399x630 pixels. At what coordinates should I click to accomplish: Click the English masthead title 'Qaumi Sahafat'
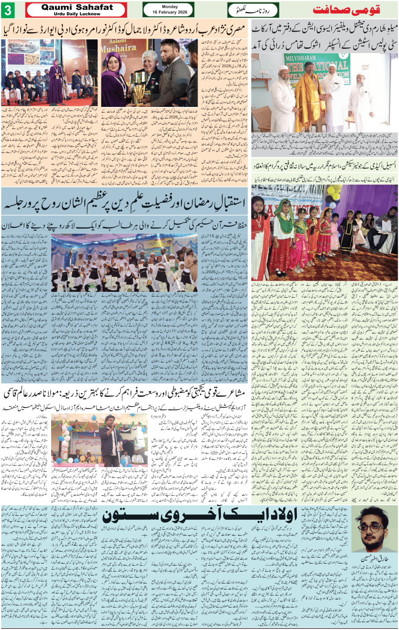[77, 7]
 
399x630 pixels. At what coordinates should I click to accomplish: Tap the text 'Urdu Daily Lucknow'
[77, 14]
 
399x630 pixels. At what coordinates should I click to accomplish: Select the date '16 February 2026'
[170, 12]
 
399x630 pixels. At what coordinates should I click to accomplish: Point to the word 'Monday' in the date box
[170, 7]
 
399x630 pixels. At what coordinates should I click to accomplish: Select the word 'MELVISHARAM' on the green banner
[301, 58]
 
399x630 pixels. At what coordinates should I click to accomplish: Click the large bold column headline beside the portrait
[201, 515]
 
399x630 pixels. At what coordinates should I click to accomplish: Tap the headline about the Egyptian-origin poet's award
[124, 30]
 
